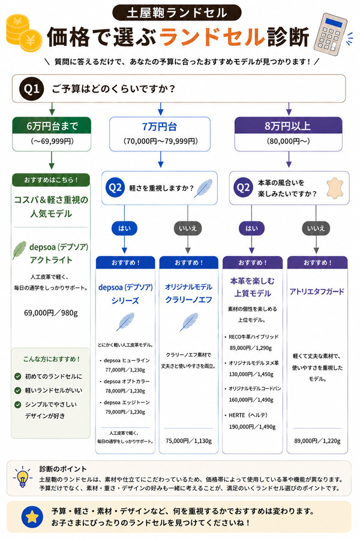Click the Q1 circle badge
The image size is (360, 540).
pyautogui.click(x=31, y=89)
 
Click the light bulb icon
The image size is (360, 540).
pyautogui.click(x=23, y=477)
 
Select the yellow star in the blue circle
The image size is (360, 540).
pyautogui.click(x=32, y=517)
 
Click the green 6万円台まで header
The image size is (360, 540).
pyautogui.click(x=52, y=126)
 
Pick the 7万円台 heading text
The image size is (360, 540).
pyautogui.click(x=160, y=127)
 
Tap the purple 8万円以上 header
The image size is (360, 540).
pyautogui.click(x=289, y=126)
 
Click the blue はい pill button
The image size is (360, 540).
pyautogui.click(x=124, y=229)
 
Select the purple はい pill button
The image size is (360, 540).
pyautogui.click(x=251, y=229)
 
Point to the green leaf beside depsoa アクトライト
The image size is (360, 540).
pyautogui.click(x=19, y=250)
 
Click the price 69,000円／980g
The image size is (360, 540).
pyautogui.click(x=51, y=313)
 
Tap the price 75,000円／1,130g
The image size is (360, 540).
pyautogui.click(x=188, y=441)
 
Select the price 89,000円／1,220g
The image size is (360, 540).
pyautogui.click(x=317, y=441)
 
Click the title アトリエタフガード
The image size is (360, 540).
pyautogui.click(x=317, y=292)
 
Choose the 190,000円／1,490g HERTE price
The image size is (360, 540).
pyautogui.click(x=252, y=427)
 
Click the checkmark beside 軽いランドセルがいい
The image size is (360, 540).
pyautogui.click(x=18, y=391)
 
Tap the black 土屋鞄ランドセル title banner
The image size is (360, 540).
pyautogui.click(x=177, y=13)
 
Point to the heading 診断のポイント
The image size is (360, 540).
pyautogui.click(x=63, y=469)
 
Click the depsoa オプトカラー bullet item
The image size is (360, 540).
pyautogui.click(x=125, y=386)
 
